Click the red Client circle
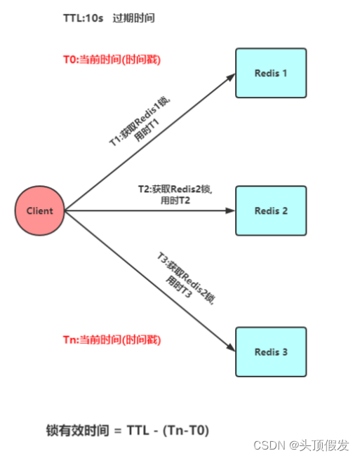click(x=39, y=210)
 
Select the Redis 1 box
click(x=271, y=73)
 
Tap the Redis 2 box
click(x=271, y=210)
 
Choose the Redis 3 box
click(x=271, y=352)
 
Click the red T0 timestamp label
click(x=112, y=60)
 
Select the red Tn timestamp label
click(x=112, y=339)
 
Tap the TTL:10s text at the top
click(x=83, y=18)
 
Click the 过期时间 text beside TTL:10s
click(x=134, y=18)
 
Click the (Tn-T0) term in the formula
click(x=187, y=429)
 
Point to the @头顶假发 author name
click(x=323, y=445)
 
